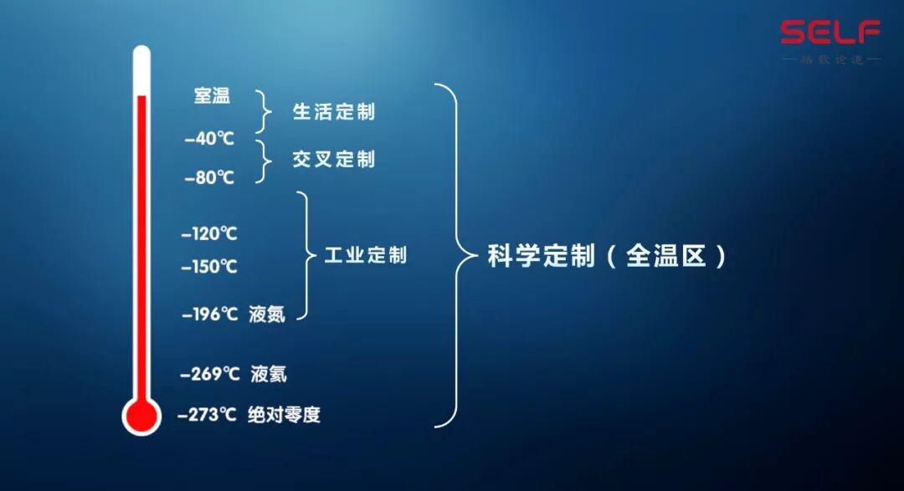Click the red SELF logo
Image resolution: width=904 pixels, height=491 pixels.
pyautogui.click(x=830, y=33)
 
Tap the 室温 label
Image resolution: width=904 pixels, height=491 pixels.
pyautogui.click(x=212, y=96)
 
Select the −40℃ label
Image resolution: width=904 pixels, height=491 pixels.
pyautogui.click(x=209, y=140)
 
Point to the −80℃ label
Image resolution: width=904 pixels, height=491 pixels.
pyautogui.click(x=209, y=178)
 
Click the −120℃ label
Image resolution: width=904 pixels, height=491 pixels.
pyautogui.click(x=209, y=234)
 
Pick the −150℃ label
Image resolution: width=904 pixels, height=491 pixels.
pyautogui.click(x=209, y=268)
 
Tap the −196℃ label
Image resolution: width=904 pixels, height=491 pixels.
pyautogui.click(x=210, y=315)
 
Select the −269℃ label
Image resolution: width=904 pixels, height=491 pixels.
pyautogui.click(x=210, y=374)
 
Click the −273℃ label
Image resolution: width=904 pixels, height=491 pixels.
pyautogui.click(x=208, y=414)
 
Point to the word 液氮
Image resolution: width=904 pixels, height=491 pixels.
pyautogui.click(x=267, y=315)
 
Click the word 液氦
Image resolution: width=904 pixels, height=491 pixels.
pyautogui.click(x=269, y=374)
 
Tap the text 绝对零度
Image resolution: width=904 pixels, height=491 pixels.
pyautogui.click(x=284, y=414)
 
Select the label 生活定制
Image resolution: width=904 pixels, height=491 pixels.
pyautogui.click(x=333, y=112)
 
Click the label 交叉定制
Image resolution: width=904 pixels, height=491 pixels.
pyautogui.click(x=333, y=159)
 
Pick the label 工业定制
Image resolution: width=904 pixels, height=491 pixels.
pyautogui.click(x=365, y=255)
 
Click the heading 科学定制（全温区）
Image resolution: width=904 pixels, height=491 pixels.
pyautogui.click(x=607, y=256)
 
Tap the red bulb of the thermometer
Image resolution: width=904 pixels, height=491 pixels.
pyautogui.click(x=141, y=416)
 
